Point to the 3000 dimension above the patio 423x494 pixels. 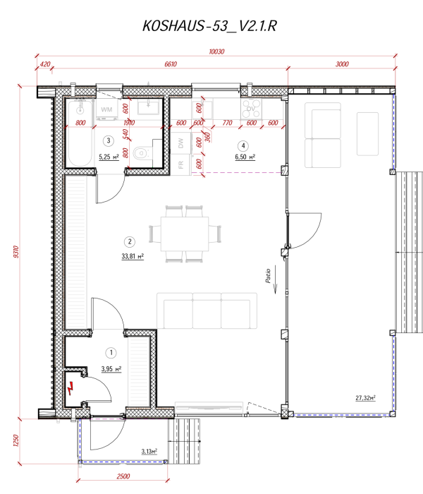coord(342,64)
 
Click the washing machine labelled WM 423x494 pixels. coord(107,109)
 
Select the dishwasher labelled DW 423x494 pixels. coord(181,142)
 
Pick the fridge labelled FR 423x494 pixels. coord(181,164)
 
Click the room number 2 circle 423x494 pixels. coord(129,240)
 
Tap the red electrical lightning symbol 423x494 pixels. coord(70,387)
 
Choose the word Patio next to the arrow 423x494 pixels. coord(269,275)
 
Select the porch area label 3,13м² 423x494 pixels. coord(148,450)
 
